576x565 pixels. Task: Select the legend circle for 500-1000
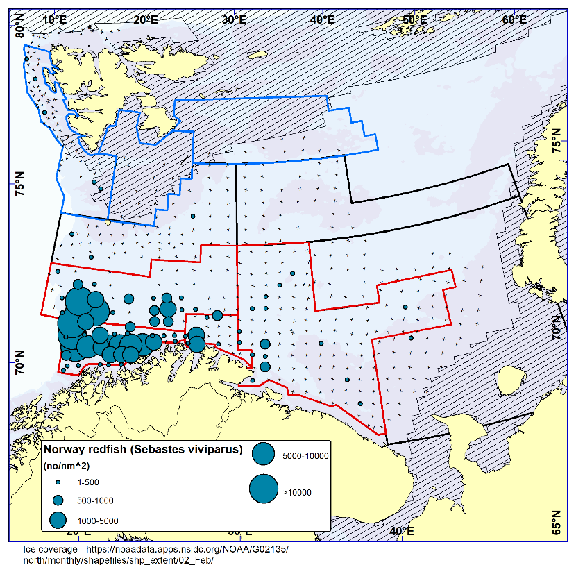[x=59, y=500]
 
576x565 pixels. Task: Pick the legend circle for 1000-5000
[x=59, y=519]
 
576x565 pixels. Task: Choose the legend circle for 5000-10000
[x=264, y=455]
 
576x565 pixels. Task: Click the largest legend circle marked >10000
[x=264, y=489]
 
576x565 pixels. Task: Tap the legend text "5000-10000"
[x=305, y=456]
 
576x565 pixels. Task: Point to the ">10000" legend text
[x=296, y=493]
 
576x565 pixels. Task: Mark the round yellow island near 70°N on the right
[x=510, y=380]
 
